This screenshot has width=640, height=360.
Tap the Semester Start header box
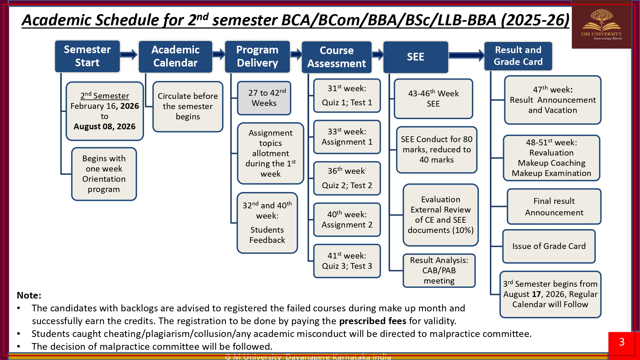pos(87,56)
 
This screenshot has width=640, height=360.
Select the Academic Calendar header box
pos(175,57)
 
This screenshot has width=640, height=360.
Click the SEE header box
pos(415,57)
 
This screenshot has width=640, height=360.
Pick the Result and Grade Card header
pos(518,56)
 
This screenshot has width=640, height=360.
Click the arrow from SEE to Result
pos(466,56)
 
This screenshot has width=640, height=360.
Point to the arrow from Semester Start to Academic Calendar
pos(129,55)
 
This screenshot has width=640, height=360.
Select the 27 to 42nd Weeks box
pos(264,98)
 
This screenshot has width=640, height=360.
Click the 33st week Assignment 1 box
pos(347,137)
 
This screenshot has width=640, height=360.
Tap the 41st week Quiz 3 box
pos(347,261)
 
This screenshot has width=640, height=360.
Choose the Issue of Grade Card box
pos(549,246)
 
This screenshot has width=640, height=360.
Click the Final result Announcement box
pos(554,207)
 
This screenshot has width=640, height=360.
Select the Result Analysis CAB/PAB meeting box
pos(439,270)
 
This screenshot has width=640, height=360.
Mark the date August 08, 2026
pos(104,127)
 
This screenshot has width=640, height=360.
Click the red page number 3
pos(621,342)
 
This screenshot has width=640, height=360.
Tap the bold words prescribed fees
pos(372,321)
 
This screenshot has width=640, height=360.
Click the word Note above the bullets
pos(29,295)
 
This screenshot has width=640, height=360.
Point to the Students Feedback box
pos(267,223)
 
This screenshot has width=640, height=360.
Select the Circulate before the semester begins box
pos(188,107)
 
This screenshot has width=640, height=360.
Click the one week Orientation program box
pos(104,174)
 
